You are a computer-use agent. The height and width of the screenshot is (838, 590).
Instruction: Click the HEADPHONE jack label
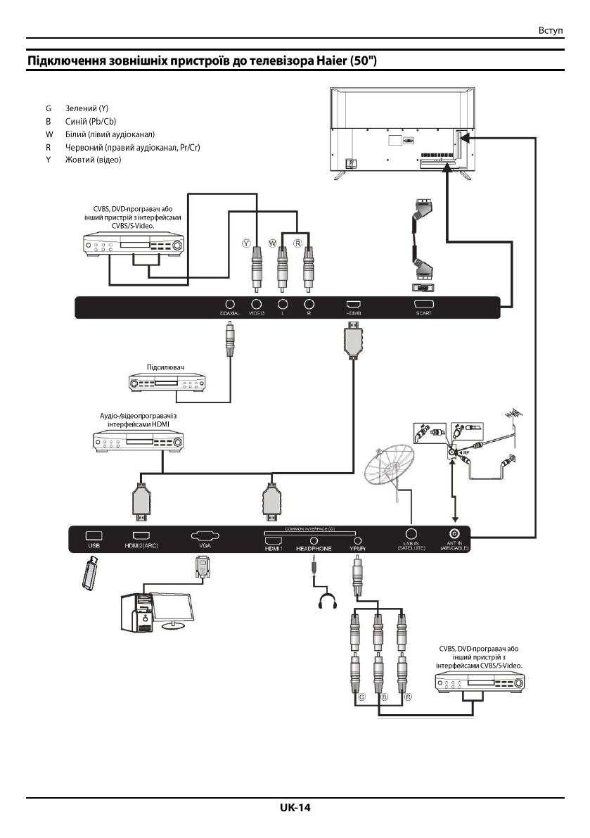click(x=314, y=547)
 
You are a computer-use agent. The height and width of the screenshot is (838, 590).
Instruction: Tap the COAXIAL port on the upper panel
click(x=229, y=304)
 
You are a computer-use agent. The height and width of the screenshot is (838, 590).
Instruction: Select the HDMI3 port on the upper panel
click(x=353, y=304)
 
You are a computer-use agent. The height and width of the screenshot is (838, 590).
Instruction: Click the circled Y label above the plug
click(x=246, y=242)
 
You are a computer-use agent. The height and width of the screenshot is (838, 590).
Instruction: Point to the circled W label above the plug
click(x=271, y=242)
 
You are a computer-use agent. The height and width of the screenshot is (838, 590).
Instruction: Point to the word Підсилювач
click(x=165, y=367)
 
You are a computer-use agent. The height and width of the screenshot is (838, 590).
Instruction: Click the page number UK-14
click(x=295, y=808)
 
